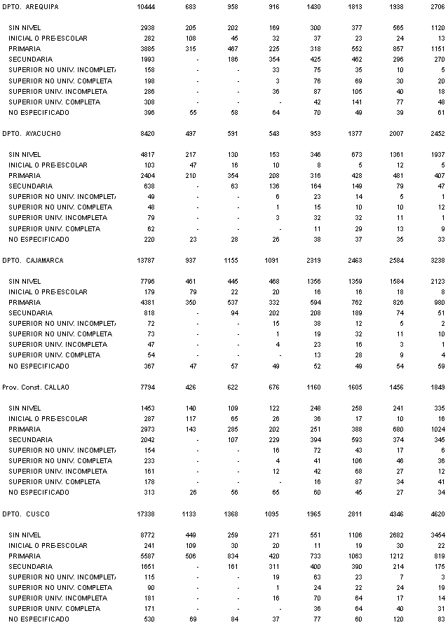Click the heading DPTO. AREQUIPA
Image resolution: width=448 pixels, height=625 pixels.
pos(31,6)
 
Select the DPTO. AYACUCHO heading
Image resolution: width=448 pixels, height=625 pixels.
pos(32,133)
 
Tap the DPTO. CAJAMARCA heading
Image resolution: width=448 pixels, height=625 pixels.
pos(33,260)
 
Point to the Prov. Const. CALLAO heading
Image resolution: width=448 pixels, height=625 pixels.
pos(36,387)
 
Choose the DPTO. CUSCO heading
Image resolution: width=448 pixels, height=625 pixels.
pos(27,514)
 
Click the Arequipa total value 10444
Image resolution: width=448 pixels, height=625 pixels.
pos(144,6)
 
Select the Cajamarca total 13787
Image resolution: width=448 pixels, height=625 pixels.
pos(144,260)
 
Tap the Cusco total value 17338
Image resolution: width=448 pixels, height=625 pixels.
pos(144,514)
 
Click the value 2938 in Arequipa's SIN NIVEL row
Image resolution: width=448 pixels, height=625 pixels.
pos(147,27)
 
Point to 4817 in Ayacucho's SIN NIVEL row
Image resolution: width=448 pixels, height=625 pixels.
pos(147,154)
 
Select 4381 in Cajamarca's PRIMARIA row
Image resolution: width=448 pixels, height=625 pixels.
pos(147,302)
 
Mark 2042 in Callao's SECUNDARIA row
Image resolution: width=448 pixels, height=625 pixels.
pos(147,439)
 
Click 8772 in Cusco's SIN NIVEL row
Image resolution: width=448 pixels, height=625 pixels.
pos(147,535)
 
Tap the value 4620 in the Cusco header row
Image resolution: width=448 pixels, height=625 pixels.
pos(435,514)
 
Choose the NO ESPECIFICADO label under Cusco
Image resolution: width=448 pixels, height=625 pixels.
pos(39,619)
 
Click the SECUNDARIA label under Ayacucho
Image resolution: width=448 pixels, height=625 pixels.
pos(30,186)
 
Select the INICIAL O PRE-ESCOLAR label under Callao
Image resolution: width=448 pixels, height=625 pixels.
pos(48,418)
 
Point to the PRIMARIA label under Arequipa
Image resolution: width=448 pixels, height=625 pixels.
pos(25,48)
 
